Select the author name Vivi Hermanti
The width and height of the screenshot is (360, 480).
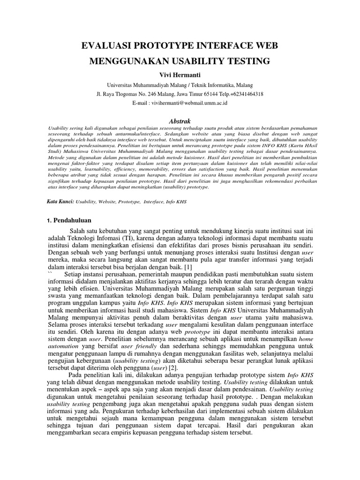[180, 75]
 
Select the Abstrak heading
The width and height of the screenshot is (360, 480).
[180, 121]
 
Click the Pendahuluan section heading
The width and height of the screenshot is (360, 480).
[73, 220]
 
